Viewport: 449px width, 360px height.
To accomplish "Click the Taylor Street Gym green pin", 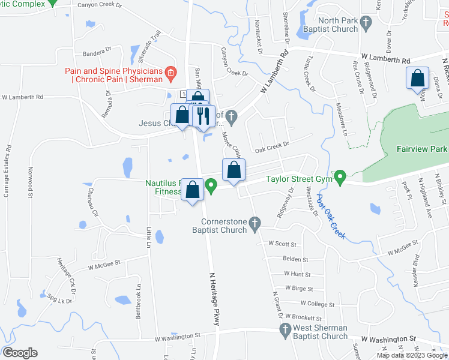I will coord(340,178).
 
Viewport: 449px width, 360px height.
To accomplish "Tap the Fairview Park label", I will coord(423,149).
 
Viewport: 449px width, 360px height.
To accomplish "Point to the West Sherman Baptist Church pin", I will coord(286,329).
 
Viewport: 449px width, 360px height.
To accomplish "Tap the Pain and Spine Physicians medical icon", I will coord(170,74).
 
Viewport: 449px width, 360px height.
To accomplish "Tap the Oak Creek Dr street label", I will coord(272,145).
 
